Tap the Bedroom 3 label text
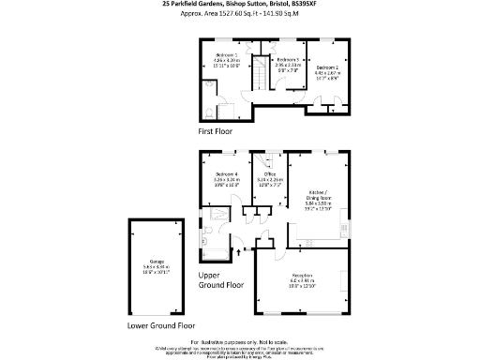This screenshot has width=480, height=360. click(288, 59)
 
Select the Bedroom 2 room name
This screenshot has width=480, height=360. click(326, 67)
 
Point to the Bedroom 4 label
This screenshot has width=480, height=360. click(227, 175)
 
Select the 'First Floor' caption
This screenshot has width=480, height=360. click(216, 131)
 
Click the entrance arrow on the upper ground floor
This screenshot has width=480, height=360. click(239, 251)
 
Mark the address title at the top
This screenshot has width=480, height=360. click(239, 5)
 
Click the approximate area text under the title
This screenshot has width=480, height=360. click(239, 14)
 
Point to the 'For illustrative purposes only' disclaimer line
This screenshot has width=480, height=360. click(239, 341)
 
